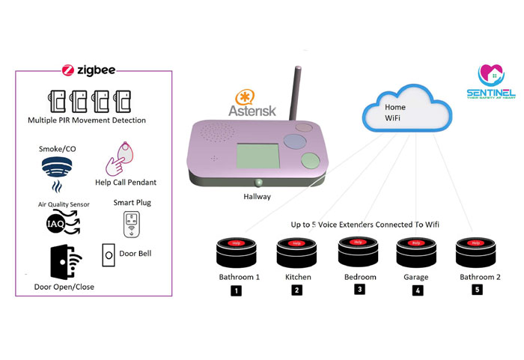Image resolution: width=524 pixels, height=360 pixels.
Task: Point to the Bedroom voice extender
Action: (358, 252)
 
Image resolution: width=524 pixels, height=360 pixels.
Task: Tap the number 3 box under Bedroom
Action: (359, 290)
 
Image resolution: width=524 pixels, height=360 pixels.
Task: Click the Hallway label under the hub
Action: (258, 196)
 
